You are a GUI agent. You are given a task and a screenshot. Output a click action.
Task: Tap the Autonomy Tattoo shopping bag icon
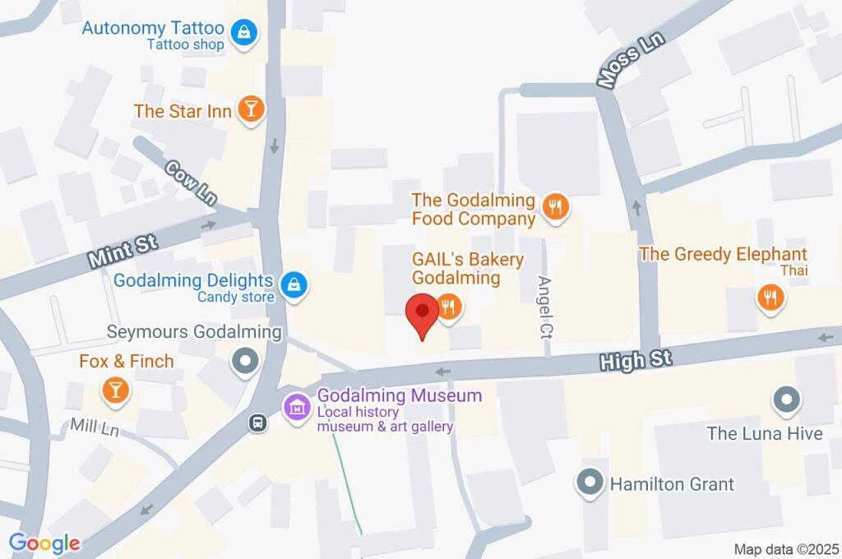(244, 34)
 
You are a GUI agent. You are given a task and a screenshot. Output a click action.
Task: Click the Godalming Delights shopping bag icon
(292, 285)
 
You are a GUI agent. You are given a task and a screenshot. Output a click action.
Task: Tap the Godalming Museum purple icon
(295, 406)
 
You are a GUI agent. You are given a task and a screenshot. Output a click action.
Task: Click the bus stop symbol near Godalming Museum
(258, 423)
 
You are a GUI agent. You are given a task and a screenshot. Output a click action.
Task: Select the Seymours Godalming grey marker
(244, 361)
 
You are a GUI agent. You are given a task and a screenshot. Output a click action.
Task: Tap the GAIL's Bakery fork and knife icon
(448, 307)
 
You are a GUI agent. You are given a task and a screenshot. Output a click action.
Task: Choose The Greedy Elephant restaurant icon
(770, 298)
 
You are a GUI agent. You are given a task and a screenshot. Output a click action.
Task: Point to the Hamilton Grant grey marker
(590, 483)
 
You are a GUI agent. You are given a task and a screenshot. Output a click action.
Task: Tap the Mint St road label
(123, 252)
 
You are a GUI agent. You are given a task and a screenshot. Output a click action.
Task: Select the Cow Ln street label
(191, 182)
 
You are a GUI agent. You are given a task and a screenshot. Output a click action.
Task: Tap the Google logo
(44, 543)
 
